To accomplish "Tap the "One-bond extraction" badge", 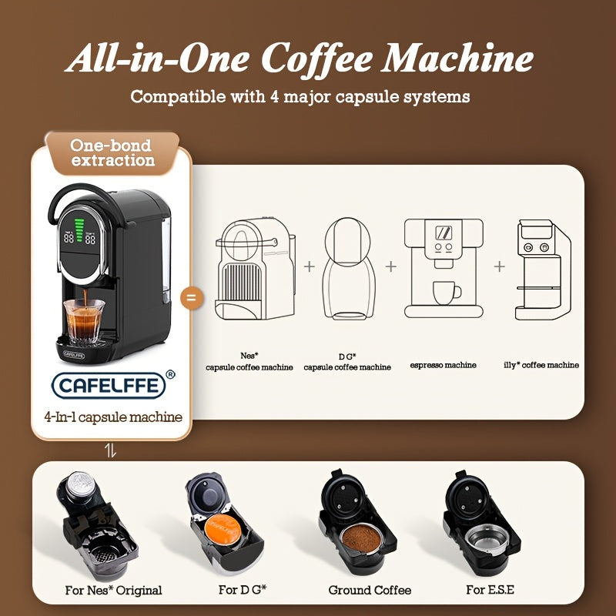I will coord(112,152).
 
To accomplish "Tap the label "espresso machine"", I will coord(443,365).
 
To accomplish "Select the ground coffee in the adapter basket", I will coord(360,537).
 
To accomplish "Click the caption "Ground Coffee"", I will coord(370,591).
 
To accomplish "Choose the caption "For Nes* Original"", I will coord(113,591).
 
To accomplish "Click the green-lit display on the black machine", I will coord(80,231).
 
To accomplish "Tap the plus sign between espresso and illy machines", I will coord(500,266).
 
